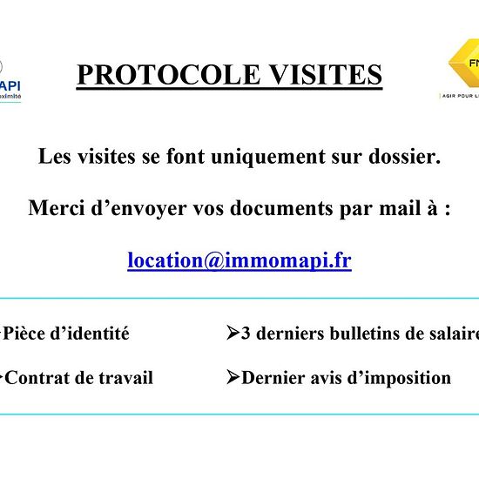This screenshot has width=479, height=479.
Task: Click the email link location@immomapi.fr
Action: pos(239,260)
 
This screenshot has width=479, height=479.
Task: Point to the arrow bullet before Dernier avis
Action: pos(233,377)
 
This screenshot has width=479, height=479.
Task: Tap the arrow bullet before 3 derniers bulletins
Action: pos(233,333)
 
